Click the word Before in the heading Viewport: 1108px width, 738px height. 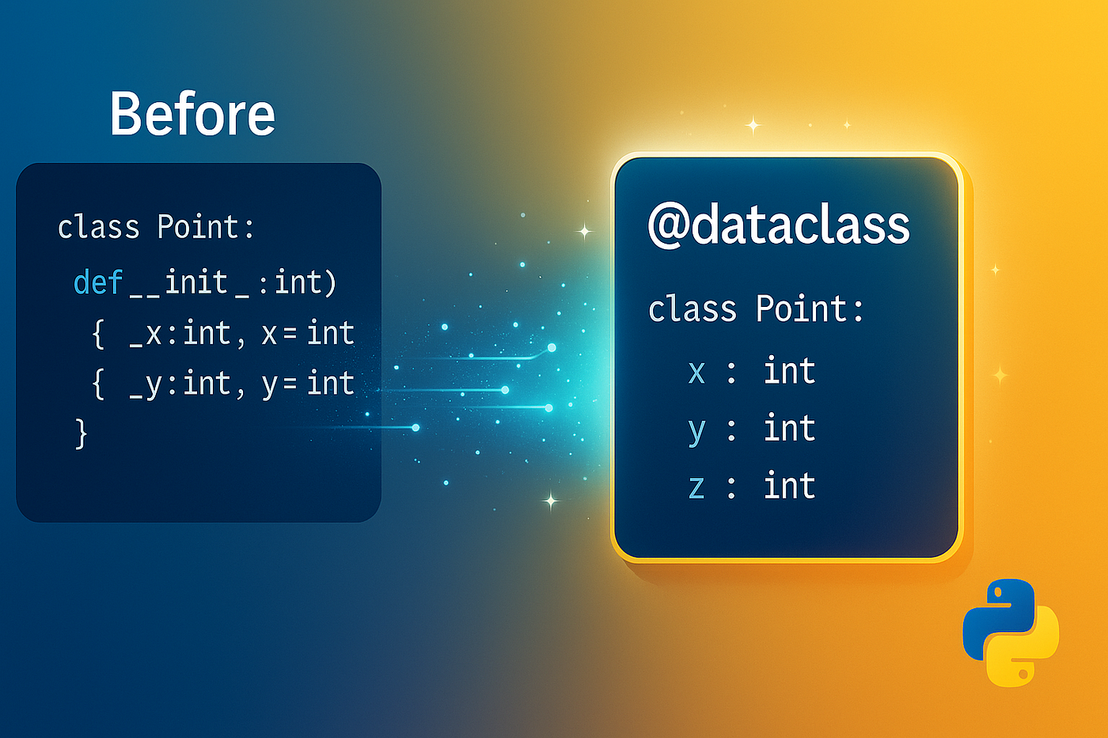click(x=192, y=114)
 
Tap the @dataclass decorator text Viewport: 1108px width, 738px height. click(x=779, y=225)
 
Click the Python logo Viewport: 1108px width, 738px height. click(x=1011, y=633)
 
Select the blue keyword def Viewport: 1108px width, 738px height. click(x=98, y=282)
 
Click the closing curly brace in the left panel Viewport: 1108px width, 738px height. click(x=81, y=433)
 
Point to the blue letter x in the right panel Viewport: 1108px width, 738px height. click(x=696, y=372)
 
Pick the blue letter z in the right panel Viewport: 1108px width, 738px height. click(x=696, y=486)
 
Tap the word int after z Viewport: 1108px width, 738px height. click(x=790, y=484)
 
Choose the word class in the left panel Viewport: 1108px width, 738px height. click(x=98, y=227)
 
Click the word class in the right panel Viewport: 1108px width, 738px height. click(x=692, y=308)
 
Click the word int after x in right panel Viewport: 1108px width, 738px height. click(x=790, y=370)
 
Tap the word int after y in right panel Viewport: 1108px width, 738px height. click(x=790, y=427)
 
